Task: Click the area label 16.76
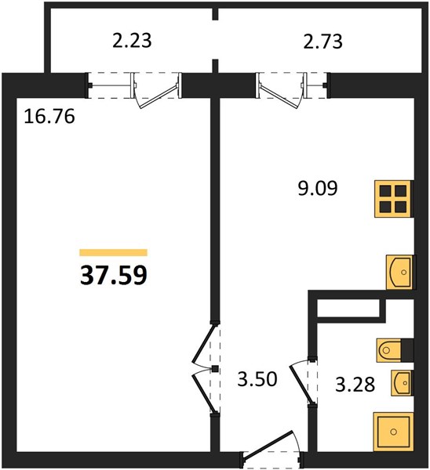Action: [49, 116]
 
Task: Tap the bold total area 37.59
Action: [114, 275]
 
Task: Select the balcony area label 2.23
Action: [132, 41]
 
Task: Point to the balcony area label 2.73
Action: [322, 42]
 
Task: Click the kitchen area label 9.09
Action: [318, 188]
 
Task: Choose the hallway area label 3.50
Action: [257, 379]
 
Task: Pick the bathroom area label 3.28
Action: [355, 385]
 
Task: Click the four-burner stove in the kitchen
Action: [393, 199]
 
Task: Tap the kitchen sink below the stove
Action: [399, 272]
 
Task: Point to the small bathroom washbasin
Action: [402, 383]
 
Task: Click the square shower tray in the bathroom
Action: [393, 432]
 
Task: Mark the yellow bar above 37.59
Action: [114, 253]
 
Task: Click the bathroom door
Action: [304, 382]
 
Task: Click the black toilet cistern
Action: [407, 350]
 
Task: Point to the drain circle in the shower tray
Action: [393, 432]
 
